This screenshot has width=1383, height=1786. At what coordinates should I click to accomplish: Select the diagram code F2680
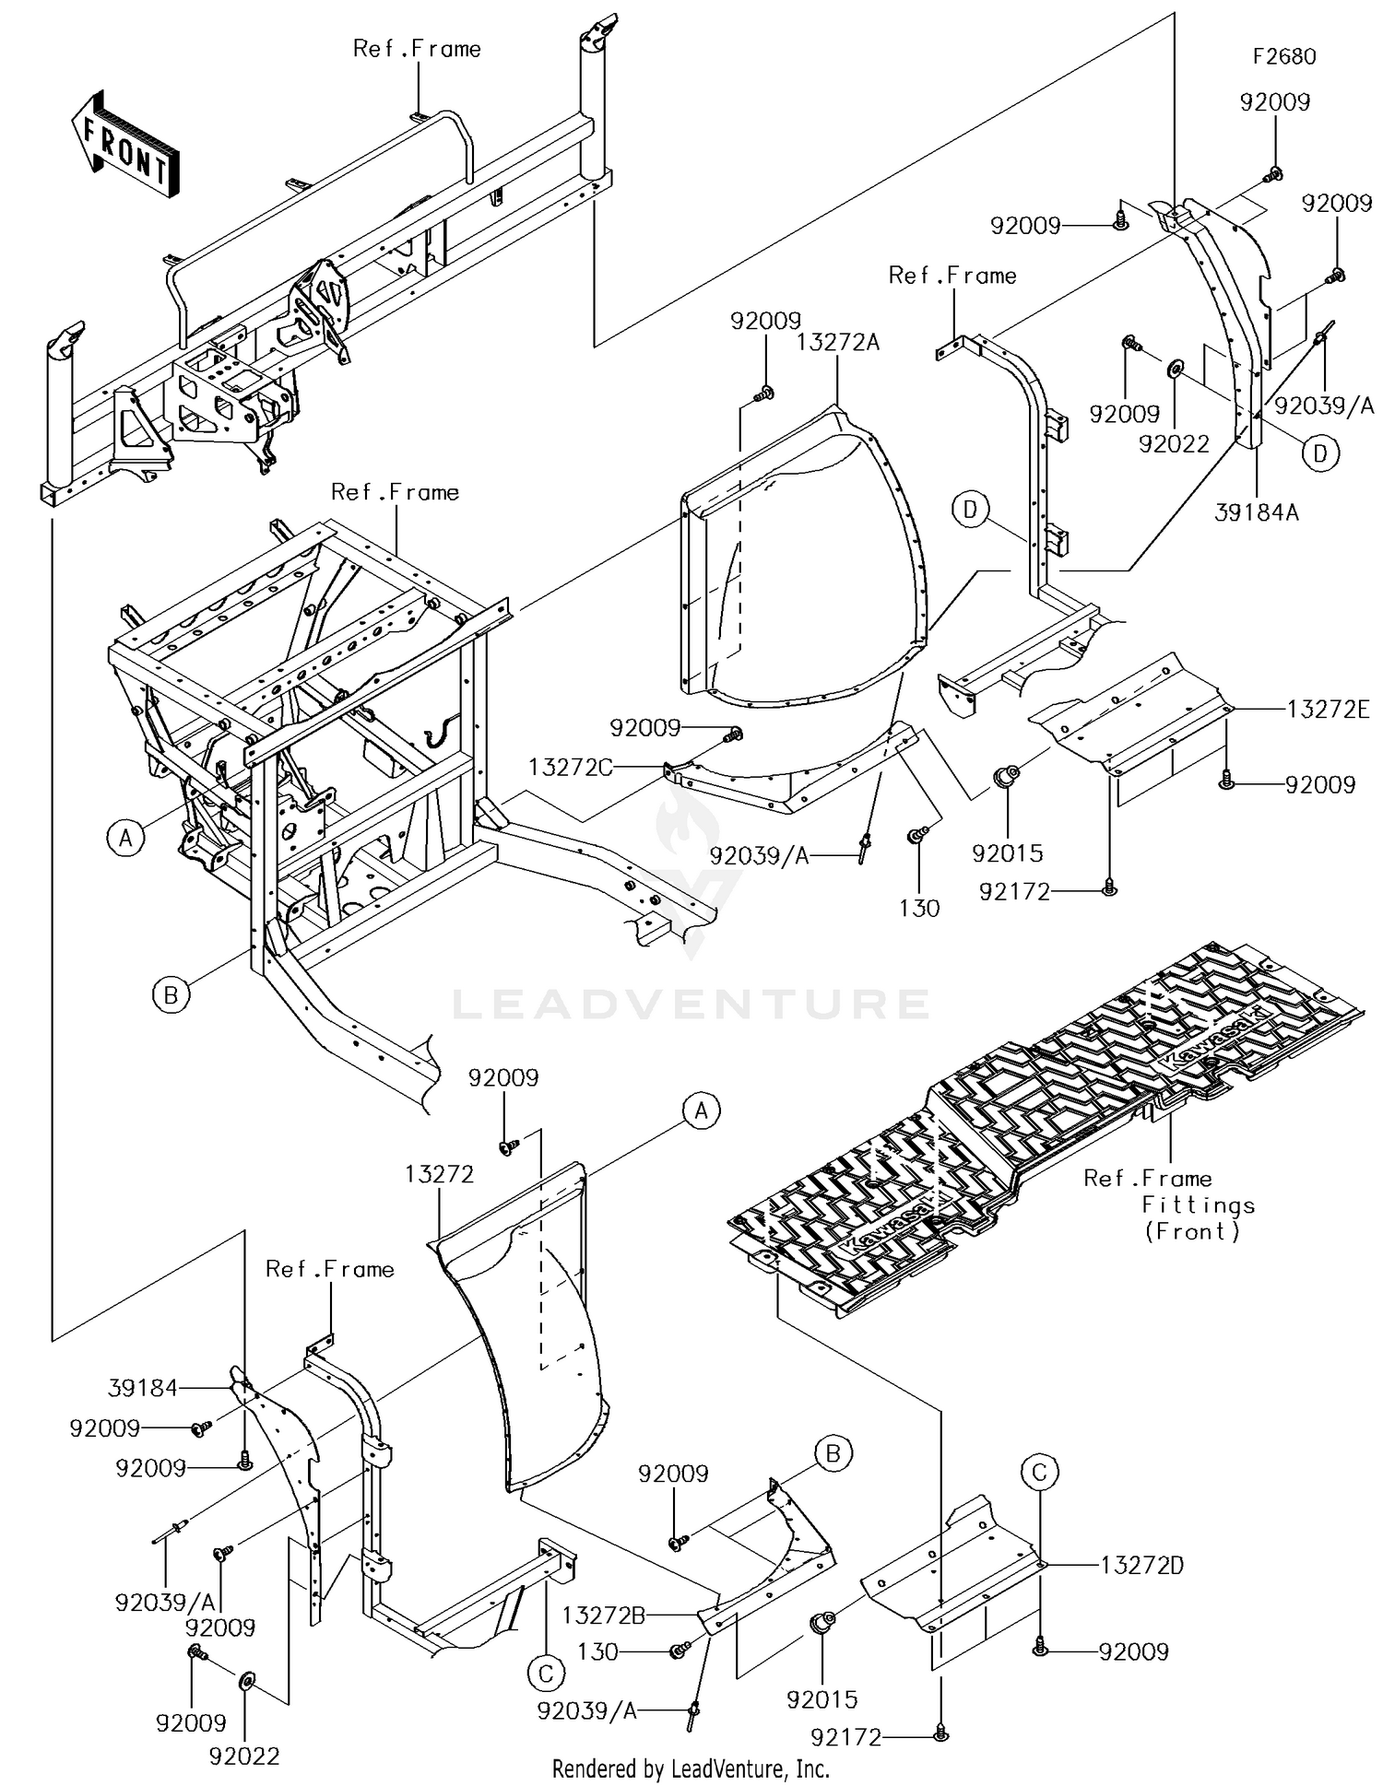1283,56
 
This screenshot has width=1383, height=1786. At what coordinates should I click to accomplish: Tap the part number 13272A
837,343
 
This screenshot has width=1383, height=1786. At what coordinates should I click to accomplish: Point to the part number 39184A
1256,512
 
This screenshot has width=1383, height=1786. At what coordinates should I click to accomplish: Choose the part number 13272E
1328,709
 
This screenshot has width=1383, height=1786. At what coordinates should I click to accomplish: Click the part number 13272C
570,767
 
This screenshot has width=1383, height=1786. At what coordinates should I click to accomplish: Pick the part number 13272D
1141,1565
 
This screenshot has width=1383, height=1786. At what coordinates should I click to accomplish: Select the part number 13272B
603,1614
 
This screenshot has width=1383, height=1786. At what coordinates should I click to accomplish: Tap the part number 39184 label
142,1388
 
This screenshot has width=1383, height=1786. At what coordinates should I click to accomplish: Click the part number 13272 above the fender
439,1174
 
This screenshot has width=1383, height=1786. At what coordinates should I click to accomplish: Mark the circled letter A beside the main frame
125,839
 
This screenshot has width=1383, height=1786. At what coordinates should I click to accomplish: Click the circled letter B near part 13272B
833,1453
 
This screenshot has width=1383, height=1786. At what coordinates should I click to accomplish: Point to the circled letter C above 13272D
1039,1473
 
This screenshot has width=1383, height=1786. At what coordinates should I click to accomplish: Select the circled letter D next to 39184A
1320,453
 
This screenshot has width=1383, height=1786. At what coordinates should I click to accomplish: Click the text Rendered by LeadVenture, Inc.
691,1768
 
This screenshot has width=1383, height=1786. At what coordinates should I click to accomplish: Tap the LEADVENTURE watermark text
691,1004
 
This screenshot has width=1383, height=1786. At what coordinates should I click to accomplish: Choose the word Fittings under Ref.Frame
1198,1204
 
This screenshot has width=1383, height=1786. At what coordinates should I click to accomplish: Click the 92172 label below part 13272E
1014,891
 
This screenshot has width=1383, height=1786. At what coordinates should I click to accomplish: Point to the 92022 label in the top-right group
1173,443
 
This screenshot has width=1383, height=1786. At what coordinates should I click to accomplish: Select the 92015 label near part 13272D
822,1699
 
